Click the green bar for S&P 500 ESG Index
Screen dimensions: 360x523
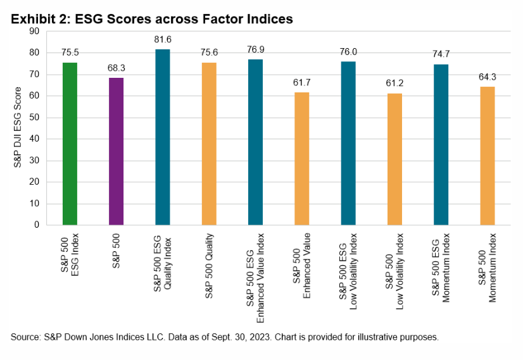tap(70, 144)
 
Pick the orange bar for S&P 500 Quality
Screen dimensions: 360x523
tap(209, 144)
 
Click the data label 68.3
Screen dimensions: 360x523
tap(116, 69)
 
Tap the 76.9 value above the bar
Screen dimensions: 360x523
tap(255, 51)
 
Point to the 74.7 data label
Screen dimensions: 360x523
tap(441, 55)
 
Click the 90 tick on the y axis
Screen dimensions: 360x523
tap(34, 31)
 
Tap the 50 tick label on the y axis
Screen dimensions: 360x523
tap(34, 117)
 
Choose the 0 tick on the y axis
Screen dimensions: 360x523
tap(37, 225)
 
